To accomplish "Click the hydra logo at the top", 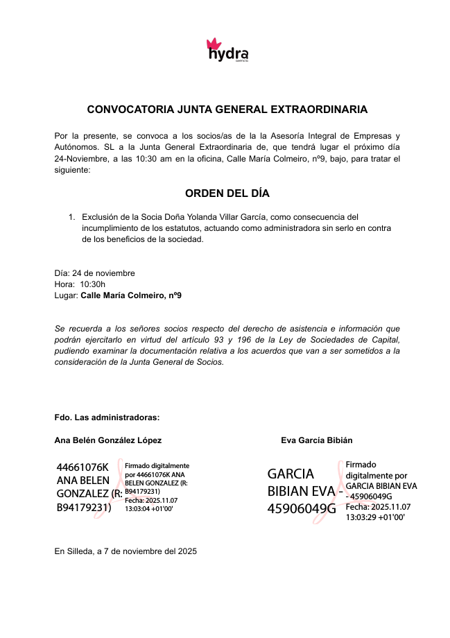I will click(227, 50).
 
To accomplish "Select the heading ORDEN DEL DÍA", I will click(227, 193).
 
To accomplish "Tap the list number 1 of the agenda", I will click(71, 217).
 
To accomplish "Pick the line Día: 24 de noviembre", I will click(94, 273).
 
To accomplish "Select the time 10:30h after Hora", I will click(93, 284).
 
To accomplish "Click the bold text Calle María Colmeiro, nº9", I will click(131, 295).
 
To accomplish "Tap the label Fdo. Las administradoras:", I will click(107, 417).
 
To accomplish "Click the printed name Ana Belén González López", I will click(107, 440).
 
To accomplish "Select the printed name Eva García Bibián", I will click(316, 440).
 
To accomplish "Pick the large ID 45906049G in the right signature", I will click(301, 509).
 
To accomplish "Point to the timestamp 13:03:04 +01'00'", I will click(148, 508).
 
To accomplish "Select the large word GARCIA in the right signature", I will click(291, 474).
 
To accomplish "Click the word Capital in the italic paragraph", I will click(385, 339).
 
